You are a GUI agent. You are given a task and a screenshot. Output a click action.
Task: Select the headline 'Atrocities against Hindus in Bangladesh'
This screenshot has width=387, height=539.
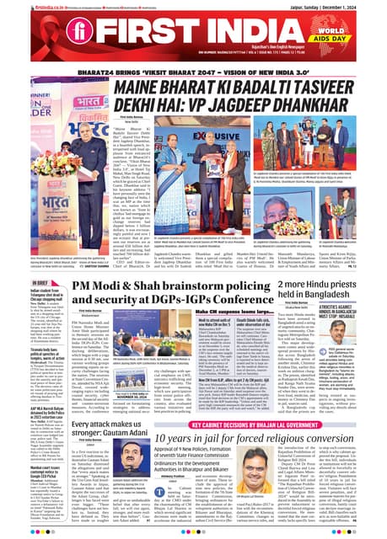click(354, 339)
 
